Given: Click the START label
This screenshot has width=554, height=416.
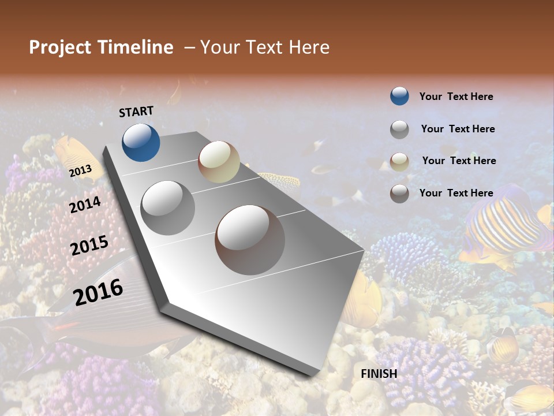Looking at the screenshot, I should click(136, 112).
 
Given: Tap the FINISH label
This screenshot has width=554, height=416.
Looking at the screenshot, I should click(379, 374).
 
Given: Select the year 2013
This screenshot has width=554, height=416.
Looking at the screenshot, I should click(80, 171).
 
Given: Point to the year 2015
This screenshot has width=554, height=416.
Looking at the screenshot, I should click(89, 246).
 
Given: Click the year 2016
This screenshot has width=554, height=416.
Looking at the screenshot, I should click(98, 292).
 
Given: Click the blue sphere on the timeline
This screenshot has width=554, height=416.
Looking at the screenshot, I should click(141, 142).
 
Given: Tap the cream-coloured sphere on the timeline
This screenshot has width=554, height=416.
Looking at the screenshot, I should click(219, 162).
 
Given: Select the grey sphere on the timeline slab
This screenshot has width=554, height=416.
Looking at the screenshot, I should click(168, 207).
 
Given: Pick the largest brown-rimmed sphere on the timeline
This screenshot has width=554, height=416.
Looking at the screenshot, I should click(250, 240).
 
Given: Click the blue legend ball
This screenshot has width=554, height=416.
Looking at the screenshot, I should click(399, 96).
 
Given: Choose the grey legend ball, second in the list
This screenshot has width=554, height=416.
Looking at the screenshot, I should click(399, 129).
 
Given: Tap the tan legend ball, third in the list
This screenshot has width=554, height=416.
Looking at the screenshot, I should click(399, 162).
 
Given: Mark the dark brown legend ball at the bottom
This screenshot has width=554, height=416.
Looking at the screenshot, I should click(399, 194).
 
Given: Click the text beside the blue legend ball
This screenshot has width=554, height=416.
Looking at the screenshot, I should click(456, 96).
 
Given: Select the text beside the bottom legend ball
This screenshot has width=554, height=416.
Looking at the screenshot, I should click(456, 193).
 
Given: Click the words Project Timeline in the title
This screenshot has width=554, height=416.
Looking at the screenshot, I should click(101, 47).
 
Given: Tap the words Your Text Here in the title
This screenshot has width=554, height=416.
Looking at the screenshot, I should click(264, 47).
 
